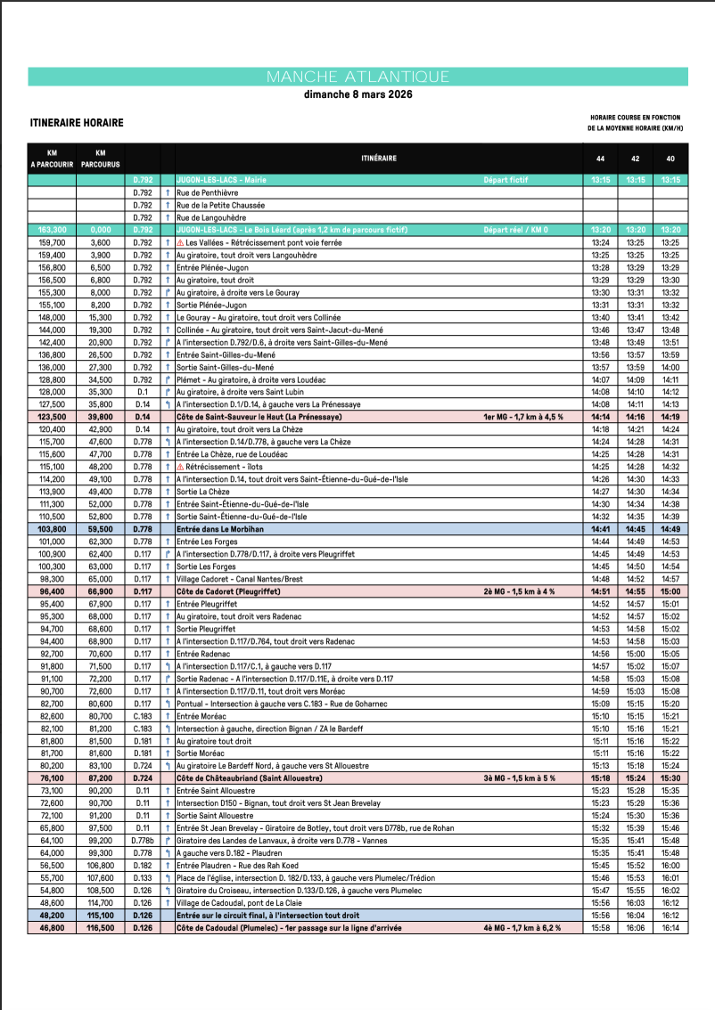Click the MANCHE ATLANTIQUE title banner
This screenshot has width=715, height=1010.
(x=357, y=77)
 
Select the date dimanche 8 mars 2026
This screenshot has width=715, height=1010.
(x=357, y=94)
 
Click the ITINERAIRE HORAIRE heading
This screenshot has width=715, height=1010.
(x=77, y=123)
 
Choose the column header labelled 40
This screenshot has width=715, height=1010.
(x=670, y=158)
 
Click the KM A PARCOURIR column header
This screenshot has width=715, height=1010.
(x=52, y=158)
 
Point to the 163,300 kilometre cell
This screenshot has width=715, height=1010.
(x=52, y=230)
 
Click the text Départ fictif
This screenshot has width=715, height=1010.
(x=505, y=180)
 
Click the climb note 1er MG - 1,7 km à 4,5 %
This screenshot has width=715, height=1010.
(x=522, y=417)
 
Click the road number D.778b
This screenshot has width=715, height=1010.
(x=143, y=840)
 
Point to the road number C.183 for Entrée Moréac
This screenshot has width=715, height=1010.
(x=143, y=716)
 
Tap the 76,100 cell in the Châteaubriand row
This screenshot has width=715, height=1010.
(x=52, y=778)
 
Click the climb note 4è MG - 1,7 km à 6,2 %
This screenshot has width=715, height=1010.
(x=522, y=927)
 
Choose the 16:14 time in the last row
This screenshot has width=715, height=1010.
(x=670, y=927)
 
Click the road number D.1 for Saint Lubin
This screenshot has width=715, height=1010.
(x=143, y=392)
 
